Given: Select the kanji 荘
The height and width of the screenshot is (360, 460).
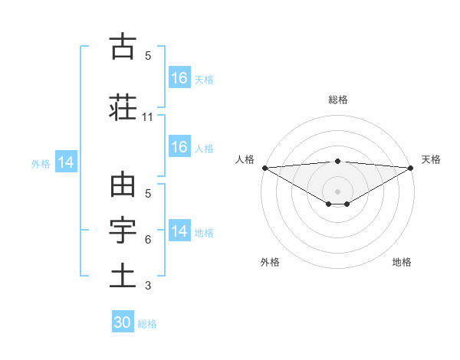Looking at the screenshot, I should [122, 107].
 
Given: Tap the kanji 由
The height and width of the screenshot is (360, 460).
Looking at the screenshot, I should [122, 185].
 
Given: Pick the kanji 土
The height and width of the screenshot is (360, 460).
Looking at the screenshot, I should [122, 276].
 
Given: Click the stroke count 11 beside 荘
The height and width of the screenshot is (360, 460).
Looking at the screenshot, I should [148, 117].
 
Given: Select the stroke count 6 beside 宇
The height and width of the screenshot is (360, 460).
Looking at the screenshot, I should [148, 240].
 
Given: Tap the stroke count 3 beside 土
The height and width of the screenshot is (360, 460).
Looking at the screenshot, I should [148, 286].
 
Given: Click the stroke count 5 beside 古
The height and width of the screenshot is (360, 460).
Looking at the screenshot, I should [148, 56].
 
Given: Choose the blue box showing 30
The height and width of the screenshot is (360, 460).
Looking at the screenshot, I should [123, 322].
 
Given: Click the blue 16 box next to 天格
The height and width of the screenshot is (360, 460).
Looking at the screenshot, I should [179, 77].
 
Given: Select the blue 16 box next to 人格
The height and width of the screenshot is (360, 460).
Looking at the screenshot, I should [179, 147].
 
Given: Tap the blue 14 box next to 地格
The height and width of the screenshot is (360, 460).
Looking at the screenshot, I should [179, 231].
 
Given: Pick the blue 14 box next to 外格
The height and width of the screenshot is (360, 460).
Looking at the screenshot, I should [65, 162].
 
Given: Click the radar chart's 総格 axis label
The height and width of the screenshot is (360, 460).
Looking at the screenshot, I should [338, 100].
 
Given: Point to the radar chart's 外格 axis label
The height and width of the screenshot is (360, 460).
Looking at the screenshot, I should [270, 262].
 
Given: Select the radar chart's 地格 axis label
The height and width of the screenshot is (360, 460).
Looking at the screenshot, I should [402, 262].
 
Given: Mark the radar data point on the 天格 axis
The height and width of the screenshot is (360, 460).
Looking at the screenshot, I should [411, 168].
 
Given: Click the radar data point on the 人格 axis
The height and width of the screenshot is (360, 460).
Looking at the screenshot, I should [264, 168].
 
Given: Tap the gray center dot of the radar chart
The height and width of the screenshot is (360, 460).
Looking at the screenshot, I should [338, 191].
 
